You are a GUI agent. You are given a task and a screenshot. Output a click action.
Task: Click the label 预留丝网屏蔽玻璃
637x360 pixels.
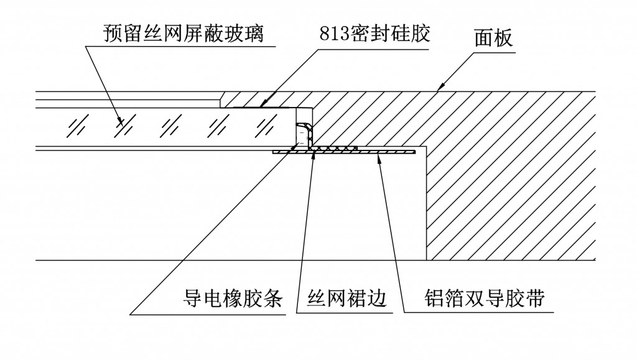tap(184, 33)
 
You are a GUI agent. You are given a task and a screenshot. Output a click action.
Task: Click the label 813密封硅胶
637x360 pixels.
tap(374, 33)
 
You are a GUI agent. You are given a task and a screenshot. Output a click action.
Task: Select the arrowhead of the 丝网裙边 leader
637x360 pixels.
tap(315, 153)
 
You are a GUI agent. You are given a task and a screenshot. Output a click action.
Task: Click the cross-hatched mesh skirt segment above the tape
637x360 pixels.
tap(336, 149)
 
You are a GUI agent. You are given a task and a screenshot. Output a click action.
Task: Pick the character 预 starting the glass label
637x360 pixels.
tap(114, 33)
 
